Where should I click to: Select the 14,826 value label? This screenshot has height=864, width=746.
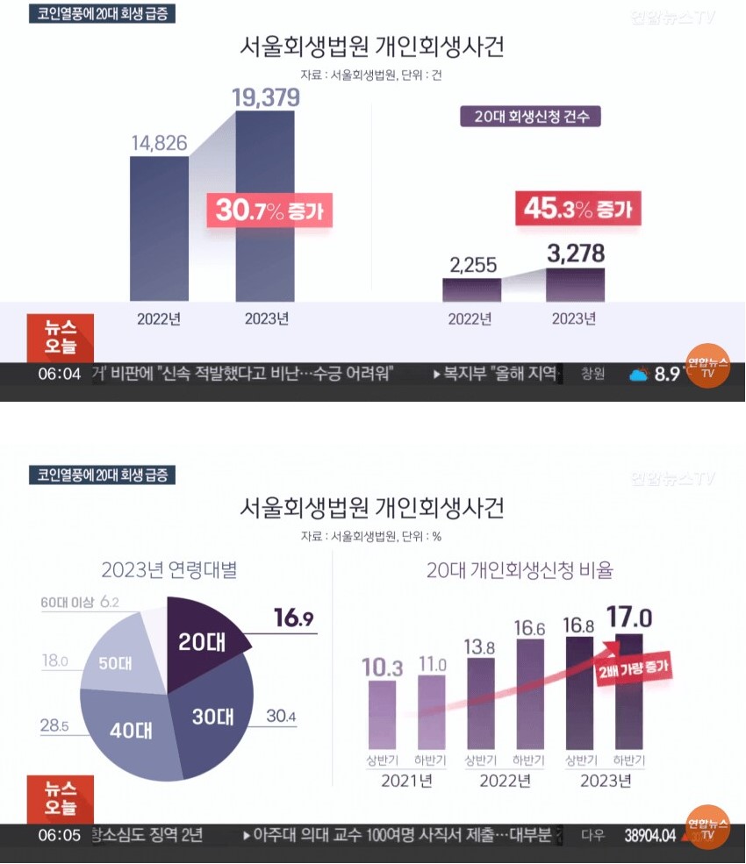pos(159,142)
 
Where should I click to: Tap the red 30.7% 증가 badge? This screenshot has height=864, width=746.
pos(269,211)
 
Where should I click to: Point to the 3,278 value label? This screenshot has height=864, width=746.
pos(575,254)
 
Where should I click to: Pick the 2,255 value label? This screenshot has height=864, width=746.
pos(471,263)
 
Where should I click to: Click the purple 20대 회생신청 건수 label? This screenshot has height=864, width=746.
pos(530,116)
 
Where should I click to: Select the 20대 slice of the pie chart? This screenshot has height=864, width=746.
pos(202,641)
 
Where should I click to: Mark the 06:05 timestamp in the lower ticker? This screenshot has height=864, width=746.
pos(59,835)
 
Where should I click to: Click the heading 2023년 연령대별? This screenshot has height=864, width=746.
pos(169,571)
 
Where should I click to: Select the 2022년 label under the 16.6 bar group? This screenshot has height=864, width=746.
pos(504,780)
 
